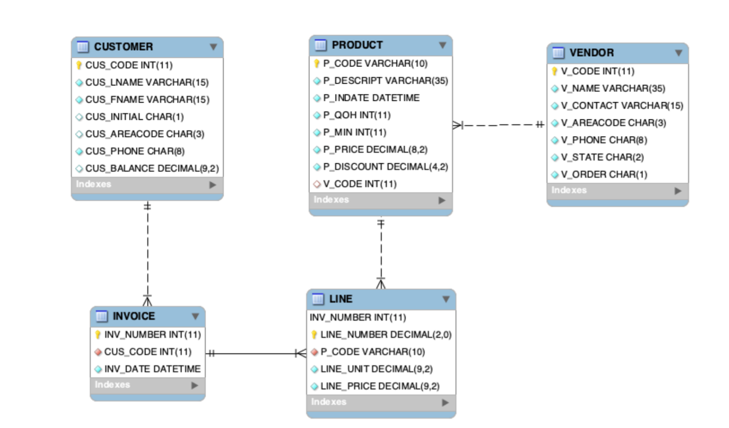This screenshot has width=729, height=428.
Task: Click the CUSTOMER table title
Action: pyautogui.click(x=123, y=47)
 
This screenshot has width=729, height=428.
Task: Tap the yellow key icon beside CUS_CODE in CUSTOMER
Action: pyautogui.click(x=79, y=65)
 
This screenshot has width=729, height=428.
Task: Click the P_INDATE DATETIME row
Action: pyautogui.click(x=371, y=98)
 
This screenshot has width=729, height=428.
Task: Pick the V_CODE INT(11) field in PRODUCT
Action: pyautogui.click(x=359, y=184)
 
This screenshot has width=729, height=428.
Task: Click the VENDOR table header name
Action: pyautogui.click(x=591, y=53)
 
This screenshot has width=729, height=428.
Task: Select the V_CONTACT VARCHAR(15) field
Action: pyautogui.click(x=622, y=106)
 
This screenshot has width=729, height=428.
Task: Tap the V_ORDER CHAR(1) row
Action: pyautogui.click(x=604, y=174)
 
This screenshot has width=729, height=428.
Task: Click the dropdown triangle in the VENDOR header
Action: pyautogui.click(x=678, y=53)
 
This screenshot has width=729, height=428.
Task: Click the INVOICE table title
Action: pyautogui.click(x=134, y=316)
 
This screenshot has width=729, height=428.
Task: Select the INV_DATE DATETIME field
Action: pyautogui.click(x=152, y=369)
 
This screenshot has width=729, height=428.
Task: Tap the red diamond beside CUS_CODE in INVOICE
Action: pyautogui.click(x=98, y=352)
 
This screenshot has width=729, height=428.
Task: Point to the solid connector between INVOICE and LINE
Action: pyautogui.click(x=253, y=353)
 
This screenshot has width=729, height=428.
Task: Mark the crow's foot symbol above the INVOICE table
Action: pyautogui.click(x=148, y=300)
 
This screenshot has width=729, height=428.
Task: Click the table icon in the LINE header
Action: pyautogui.click(x=318, y=299)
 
